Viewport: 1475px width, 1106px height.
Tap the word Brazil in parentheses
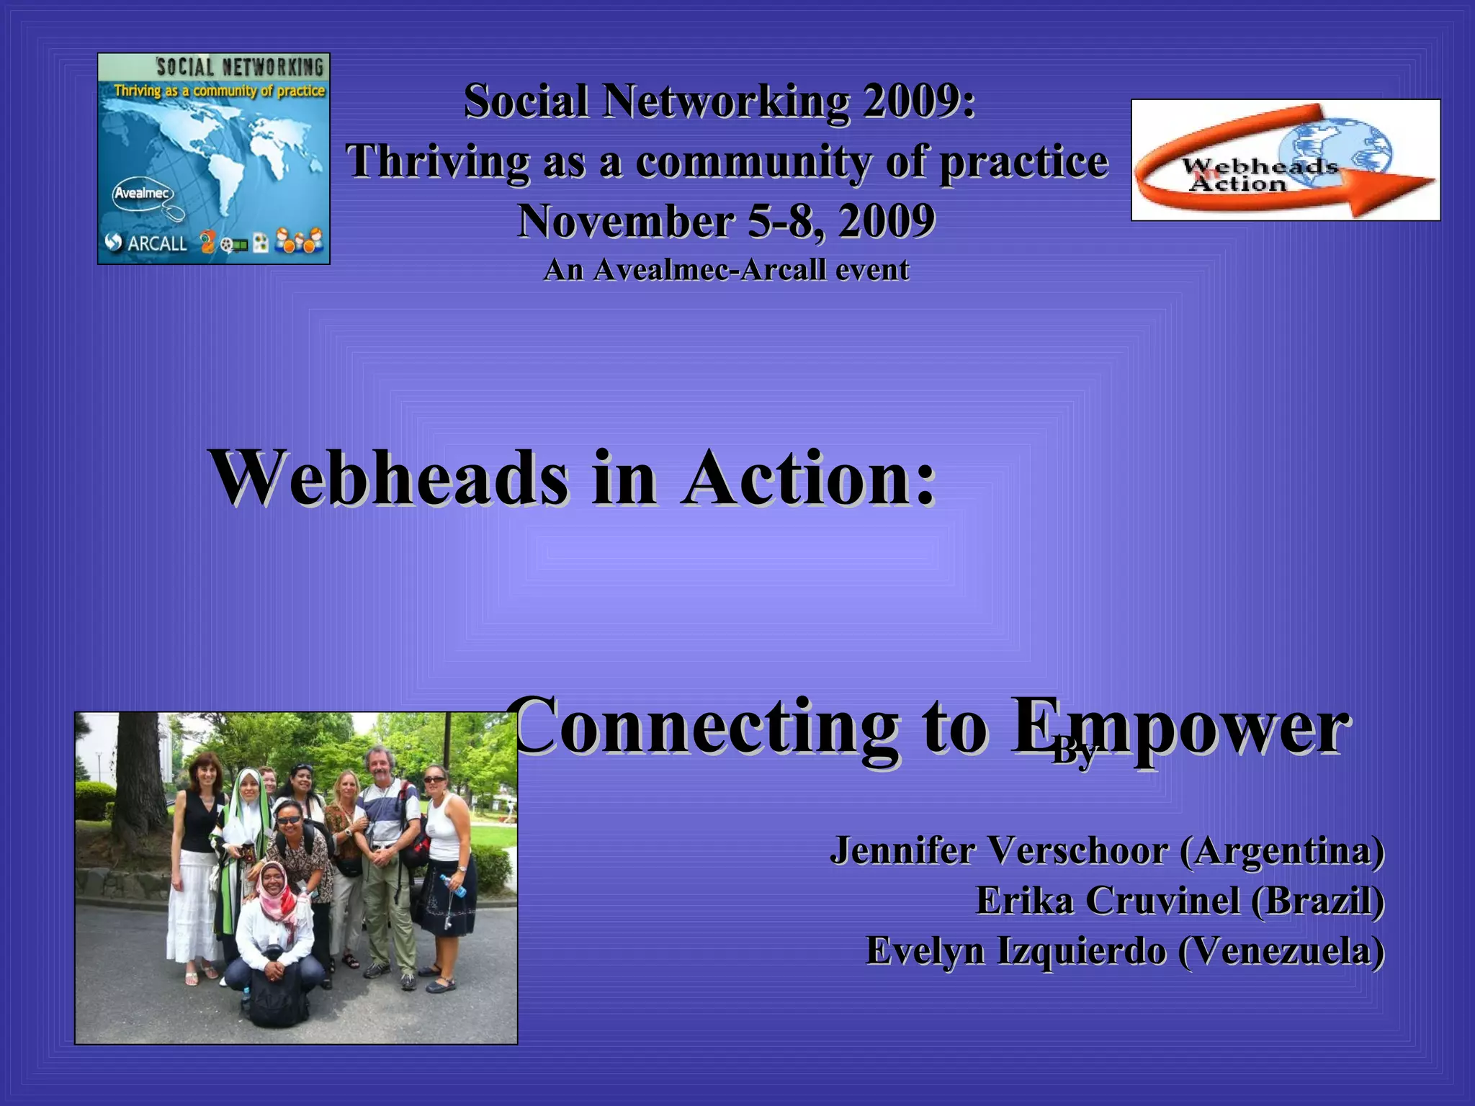[1317, 901]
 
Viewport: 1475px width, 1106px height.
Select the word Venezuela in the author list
[1281, 950]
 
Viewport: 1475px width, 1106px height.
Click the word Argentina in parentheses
[1281, 850]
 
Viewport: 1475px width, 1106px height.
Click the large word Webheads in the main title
[389, 478]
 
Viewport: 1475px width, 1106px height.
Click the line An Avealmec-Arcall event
[726, 270]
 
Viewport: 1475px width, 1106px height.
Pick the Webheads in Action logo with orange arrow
[1285, 160]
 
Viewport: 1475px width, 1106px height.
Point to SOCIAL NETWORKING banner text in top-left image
[240, 68]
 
